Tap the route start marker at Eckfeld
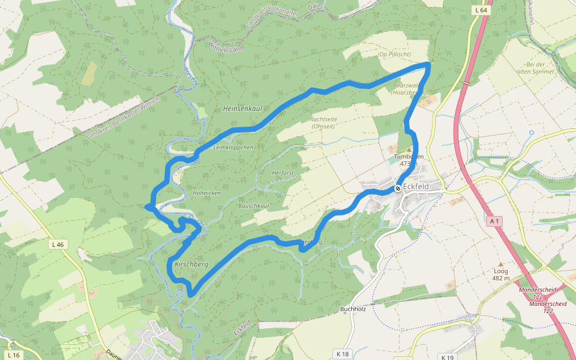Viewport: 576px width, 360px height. pos(398,188)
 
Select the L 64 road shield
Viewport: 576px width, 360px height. pos(481,10)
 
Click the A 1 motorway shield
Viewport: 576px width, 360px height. pos(494,221)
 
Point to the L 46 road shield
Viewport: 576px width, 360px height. pos(58,244)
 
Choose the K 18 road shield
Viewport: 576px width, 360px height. pos(342,354)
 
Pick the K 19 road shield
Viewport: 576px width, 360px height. pos(448,357)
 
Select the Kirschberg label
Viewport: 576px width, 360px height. pos(191,264)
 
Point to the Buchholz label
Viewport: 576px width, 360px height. pos(353,309)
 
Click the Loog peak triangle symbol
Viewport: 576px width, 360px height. pos(500,264)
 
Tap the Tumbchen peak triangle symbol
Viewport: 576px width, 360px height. pos(409,149)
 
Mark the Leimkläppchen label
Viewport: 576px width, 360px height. pos(233,147)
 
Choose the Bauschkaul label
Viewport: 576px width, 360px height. pos(253,206)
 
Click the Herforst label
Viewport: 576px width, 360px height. pos(283,172)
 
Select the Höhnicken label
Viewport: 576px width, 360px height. pos(206,193)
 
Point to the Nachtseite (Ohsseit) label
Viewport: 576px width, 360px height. pos(323,122)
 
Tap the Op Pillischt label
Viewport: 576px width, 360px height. pos(394,55)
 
